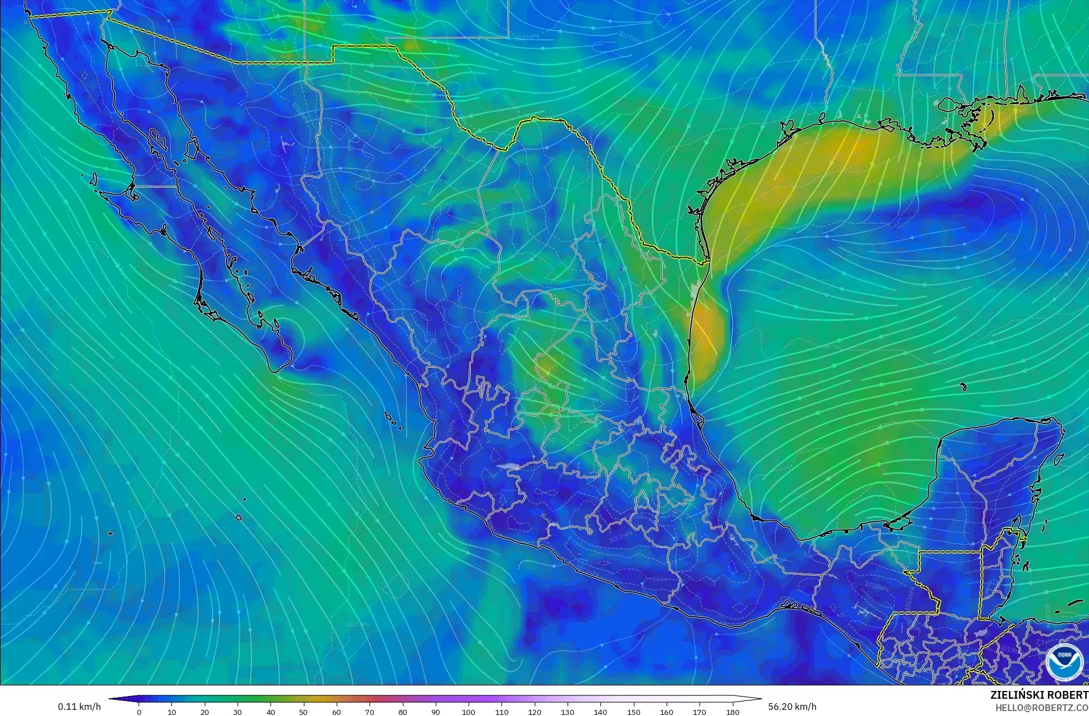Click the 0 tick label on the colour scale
pos(139,712)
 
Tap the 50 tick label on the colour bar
pos(304,712)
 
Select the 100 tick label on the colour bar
pos(469,712)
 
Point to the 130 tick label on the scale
pos(568,712)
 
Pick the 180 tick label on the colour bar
pos(733,712)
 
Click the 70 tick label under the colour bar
pos(370,712)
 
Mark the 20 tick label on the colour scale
pos(205,712)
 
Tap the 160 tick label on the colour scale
pos(667,712)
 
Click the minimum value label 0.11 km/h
pos(80,707)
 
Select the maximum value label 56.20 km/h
pos(792,707)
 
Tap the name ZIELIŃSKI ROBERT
pos(1039,695)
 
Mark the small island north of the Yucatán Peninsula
pos(963,387)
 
